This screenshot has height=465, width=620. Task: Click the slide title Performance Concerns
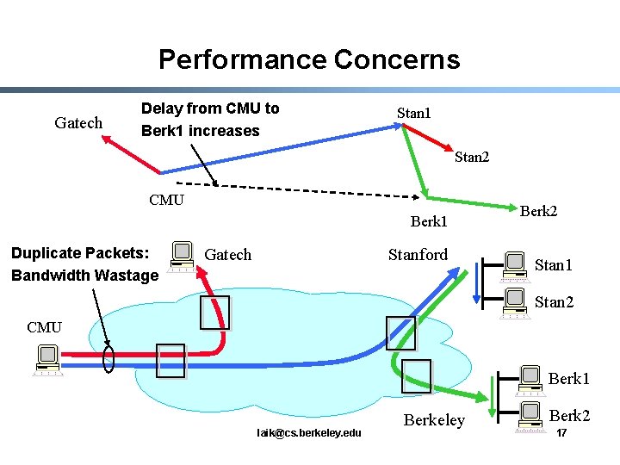[x=309, y=59]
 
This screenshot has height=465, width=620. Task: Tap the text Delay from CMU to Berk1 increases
[x=210, y=120]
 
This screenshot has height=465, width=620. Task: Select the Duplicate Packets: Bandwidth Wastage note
[x=84, y=264]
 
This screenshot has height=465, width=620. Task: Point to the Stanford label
[x=418, y=254]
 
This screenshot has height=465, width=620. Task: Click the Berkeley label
[x=434, y=419]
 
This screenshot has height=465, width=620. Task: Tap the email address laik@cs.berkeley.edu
[x=309, y=431]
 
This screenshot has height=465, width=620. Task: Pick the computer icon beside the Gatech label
[x=182, y=256]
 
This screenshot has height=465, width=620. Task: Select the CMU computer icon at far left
[x=46, y=360]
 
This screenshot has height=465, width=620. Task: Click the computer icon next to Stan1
[x=515, y=266]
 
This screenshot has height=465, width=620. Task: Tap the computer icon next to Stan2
[x=515, y=302]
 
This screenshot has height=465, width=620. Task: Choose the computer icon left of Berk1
[x=531, y=377]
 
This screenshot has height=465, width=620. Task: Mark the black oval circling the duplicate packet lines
[x=108, y=359]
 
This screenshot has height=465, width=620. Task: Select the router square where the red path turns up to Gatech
[x=214, y=313]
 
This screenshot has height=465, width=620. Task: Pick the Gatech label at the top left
[x=78, y=123]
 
